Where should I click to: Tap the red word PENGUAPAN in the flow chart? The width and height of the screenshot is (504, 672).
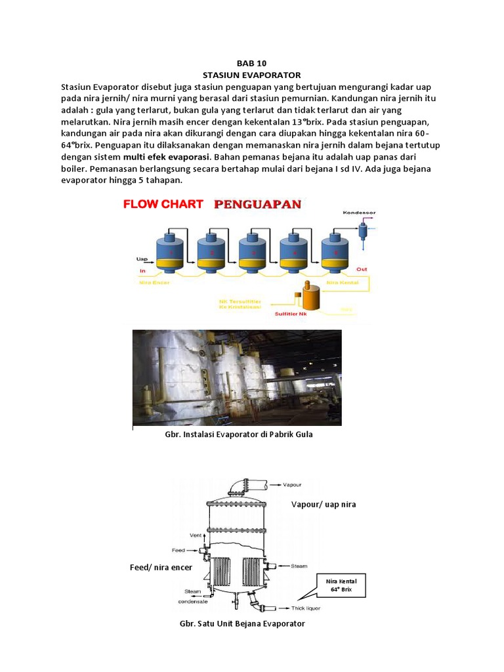[x=257, y=204]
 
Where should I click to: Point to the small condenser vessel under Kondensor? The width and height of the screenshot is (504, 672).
[x=362, y=230]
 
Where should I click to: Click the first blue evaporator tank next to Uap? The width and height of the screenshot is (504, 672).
[x=169, y=253]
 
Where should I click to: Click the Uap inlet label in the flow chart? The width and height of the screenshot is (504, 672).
[x=141, y=258]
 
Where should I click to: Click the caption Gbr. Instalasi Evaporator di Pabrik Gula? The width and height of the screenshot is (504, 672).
[x=238, y=434]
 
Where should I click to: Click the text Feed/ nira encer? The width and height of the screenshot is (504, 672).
[x=161, y=567]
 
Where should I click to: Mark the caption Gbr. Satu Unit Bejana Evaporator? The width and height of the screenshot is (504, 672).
[x=242, y=623]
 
